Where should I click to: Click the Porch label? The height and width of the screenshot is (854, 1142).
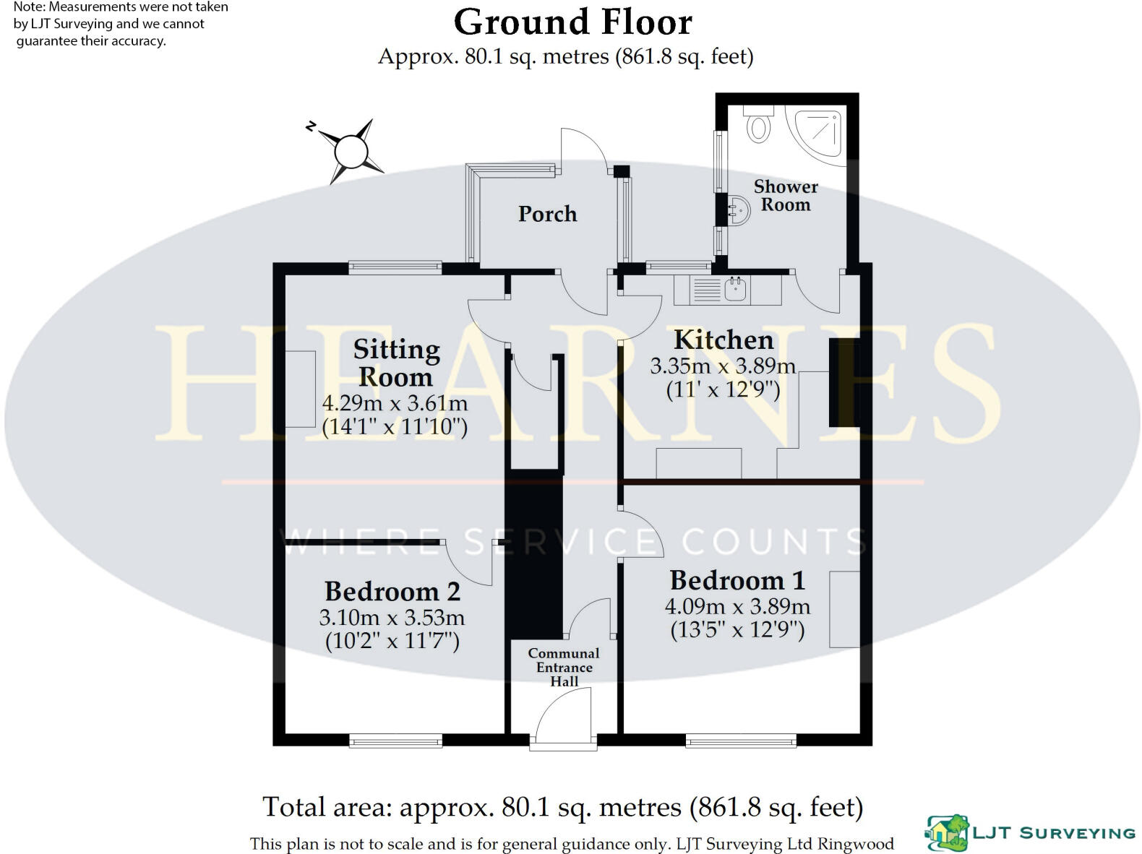pos(547,214)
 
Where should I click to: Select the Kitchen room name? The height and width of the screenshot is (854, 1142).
pos(724,340)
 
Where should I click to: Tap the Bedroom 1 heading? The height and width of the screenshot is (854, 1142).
pos(737,580)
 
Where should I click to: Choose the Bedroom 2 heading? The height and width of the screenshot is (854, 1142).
pos(392,591)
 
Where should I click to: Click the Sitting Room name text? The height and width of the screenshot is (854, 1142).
pos(397,363)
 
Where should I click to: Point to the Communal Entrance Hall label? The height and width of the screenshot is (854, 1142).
pos(564,668)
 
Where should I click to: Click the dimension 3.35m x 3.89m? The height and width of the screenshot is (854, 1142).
pos(723,366)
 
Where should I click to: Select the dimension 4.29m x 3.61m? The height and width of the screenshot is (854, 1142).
pos(395,403)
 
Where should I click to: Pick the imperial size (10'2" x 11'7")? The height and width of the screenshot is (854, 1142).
pos(392,641)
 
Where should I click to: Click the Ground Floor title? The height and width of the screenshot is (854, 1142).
pos(573,22)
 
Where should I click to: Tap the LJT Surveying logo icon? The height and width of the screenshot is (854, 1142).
pos(946,833)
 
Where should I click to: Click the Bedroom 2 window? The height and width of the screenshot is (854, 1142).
pos(395,740)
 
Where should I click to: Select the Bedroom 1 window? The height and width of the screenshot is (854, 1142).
pos(741,740)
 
